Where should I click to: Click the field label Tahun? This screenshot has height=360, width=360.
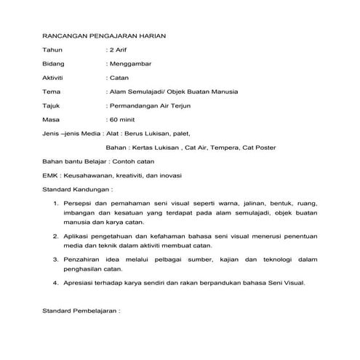click(53, 49)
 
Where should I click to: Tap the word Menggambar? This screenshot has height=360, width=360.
click(135, 64)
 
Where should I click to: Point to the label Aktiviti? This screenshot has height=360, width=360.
click(55, 78)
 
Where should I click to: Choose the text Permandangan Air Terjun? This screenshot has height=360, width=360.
click(153, 105)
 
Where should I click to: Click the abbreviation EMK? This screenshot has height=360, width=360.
click(51, 175)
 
